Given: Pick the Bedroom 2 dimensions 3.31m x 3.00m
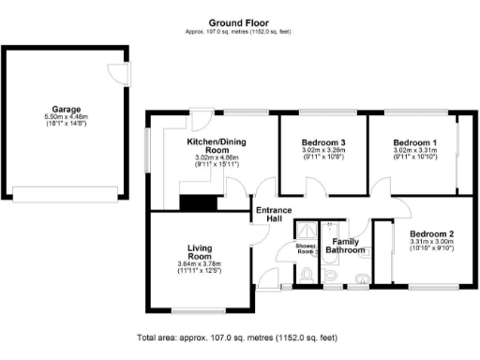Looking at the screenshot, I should [x=431, y=241].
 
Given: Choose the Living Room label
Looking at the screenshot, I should [x=198, y=251].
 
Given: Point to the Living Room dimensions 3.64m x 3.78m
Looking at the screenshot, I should [x=198, y=264].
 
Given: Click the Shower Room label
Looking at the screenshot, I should [x=306, y=248].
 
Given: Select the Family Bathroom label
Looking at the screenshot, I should [x=346, y=246].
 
